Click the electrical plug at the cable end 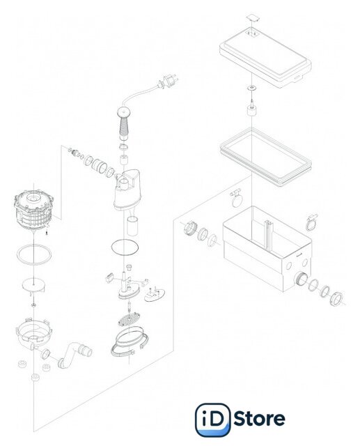(169, 81)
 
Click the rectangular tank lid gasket (266, 157)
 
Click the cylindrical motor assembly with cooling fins (34, 210)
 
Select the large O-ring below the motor (34, 254)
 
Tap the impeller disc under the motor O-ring (33, 285)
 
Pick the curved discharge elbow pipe (75, 354)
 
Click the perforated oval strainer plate (130, 319)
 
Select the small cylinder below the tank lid (251, 111)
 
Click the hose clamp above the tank (236, 197)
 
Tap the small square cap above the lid (253, 17)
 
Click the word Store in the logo (259, 418)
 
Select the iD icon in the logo (212, 420)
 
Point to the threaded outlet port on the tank (301, 279)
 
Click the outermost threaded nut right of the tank (336, 298)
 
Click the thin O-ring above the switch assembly (125, 247)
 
